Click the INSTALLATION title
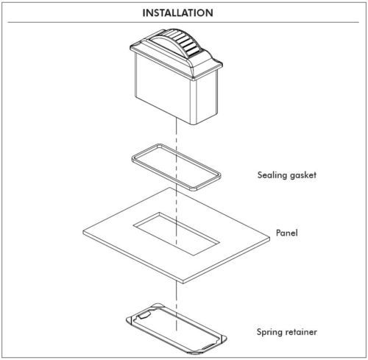[177, 13]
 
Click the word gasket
[303, 175]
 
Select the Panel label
[287, 233]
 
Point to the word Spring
[269, 332]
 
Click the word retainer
[301, 332]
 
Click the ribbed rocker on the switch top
[176, 42]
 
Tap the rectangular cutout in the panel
[176, 233]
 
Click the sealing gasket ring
[138, 162]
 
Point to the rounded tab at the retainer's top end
[157, 306]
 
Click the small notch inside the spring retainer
[143, 315]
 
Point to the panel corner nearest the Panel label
[269, 237]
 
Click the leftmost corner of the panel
[83, 231]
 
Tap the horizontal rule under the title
[183, 22]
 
